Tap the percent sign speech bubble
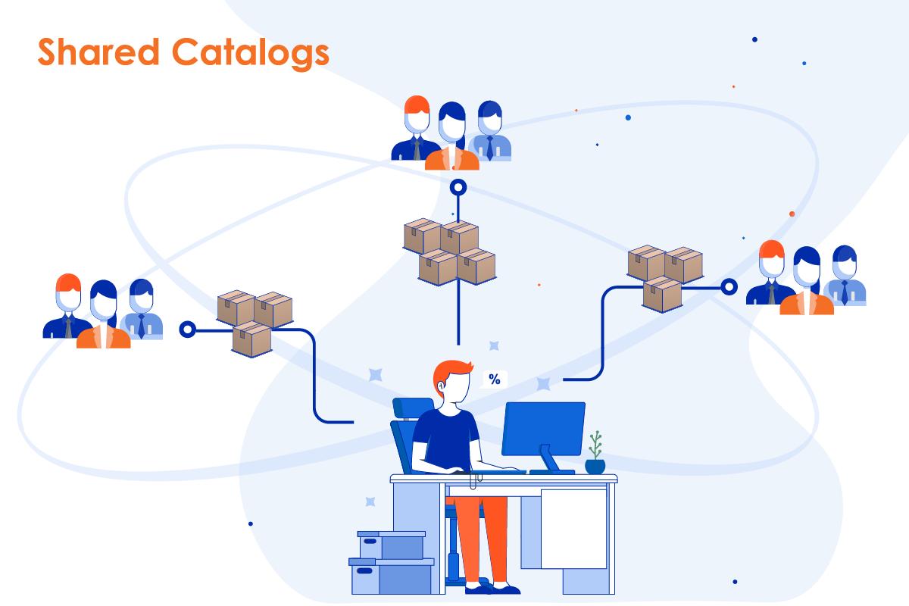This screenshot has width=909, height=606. coord(494,380)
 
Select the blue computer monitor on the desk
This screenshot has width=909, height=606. coord(543,428)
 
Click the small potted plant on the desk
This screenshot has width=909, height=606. coord(595,454)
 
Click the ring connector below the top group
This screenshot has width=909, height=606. coord(458,186)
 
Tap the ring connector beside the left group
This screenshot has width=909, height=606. coord(187,330)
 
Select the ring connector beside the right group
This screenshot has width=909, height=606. coord(729,286)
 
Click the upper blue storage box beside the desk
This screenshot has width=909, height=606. coord(392,544)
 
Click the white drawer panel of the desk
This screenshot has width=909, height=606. coord(573,527)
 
